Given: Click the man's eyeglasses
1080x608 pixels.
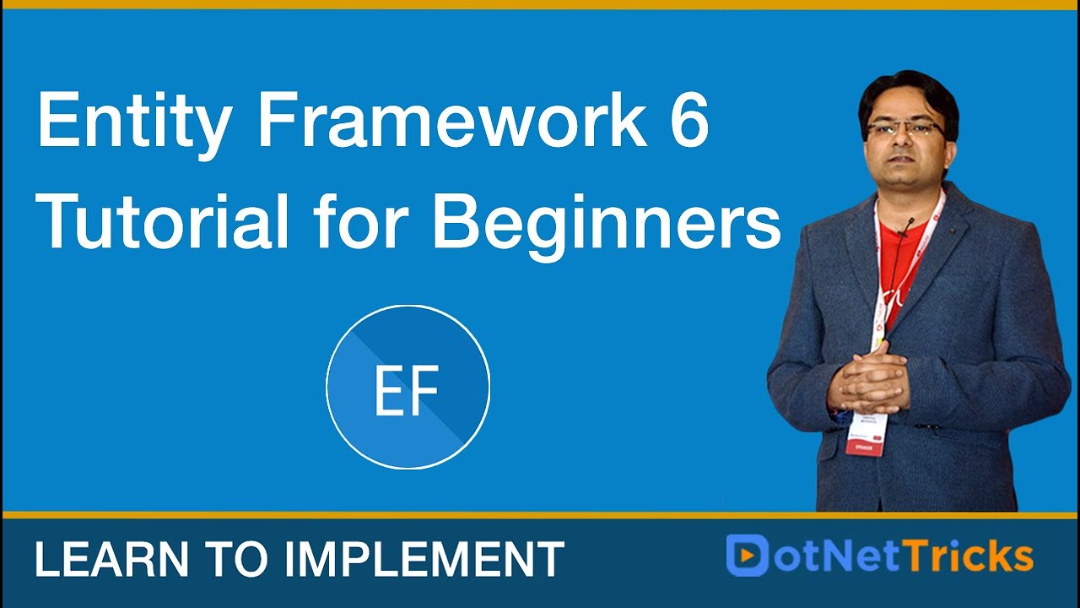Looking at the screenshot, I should click(x=904, y=129).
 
